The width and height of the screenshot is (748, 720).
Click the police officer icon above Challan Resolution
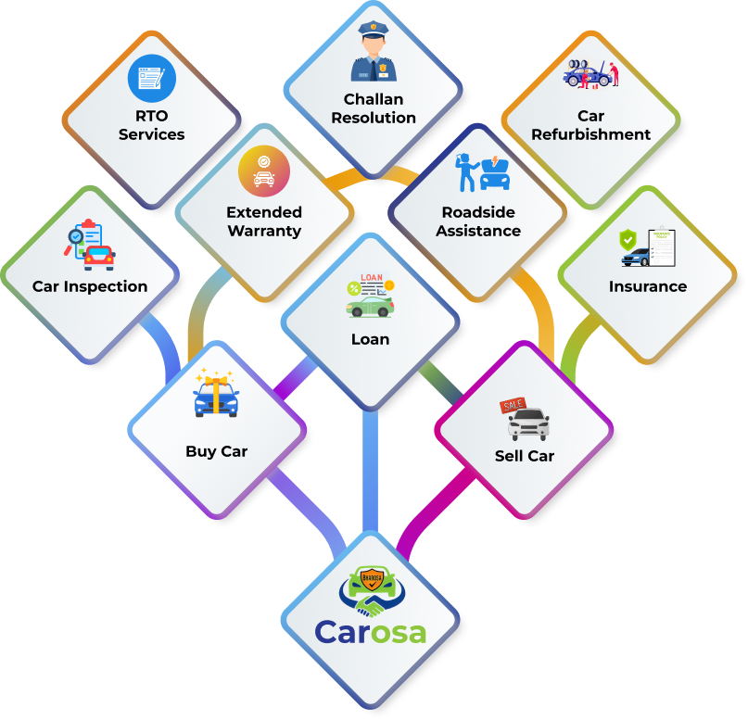tap(374, 54)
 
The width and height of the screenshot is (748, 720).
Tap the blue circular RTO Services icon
tap(152, 78)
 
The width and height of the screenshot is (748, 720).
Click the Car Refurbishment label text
tap(590, 125)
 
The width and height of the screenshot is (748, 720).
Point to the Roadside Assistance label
tap(478, 221)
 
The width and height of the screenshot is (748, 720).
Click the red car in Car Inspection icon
tap(99, 257)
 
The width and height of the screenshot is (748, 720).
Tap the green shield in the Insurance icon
tap(628, 240)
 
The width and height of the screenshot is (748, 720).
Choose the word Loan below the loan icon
tap(370, 339)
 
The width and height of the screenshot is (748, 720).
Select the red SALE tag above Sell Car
tap(513, 406)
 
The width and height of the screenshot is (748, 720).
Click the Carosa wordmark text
tap(370, 633)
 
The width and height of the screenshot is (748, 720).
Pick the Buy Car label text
tap(216, 452)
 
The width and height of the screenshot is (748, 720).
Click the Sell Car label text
tap(525, 456)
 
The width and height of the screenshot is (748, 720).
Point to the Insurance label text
tap(648, 286)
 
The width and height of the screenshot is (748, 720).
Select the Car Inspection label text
tap(90, 286)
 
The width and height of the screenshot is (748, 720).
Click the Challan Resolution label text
tap(374, 108)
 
